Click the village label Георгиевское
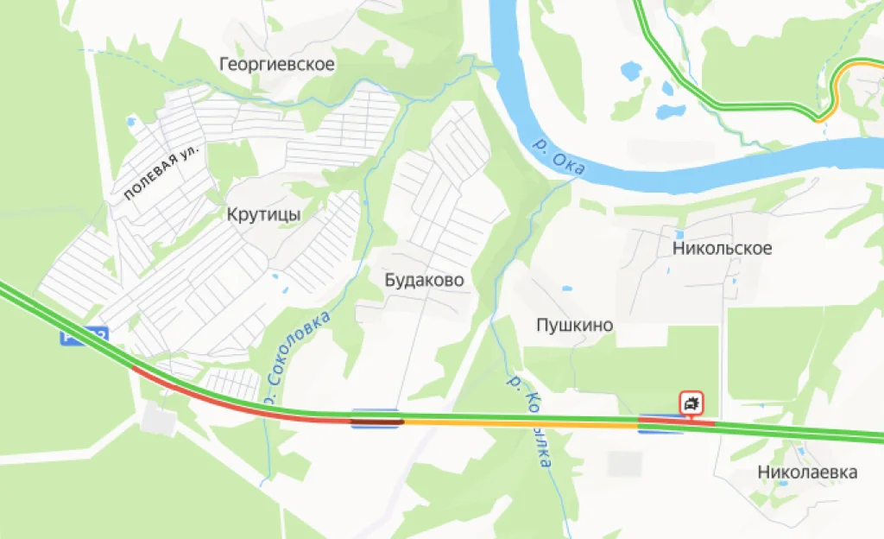click(276, 64)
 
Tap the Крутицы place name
click(264, 214)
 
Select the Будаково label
click(424, 281)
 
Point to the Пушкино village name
click(574, 326)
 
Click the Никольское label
click(722, 249)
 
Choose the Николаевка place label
click(807, 472)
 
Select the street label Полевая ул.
click(161, 173)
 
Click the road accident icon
click(691, 403)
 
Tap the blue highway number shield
click(83, 337)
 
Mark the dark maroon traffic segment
click(376, 422)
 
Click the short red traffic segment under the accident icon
click(676, 422)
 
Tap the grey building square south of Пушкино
click(623, 464)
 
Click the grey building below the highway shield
click(158, 422)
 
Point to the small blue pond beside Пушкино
click(566, 289)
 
